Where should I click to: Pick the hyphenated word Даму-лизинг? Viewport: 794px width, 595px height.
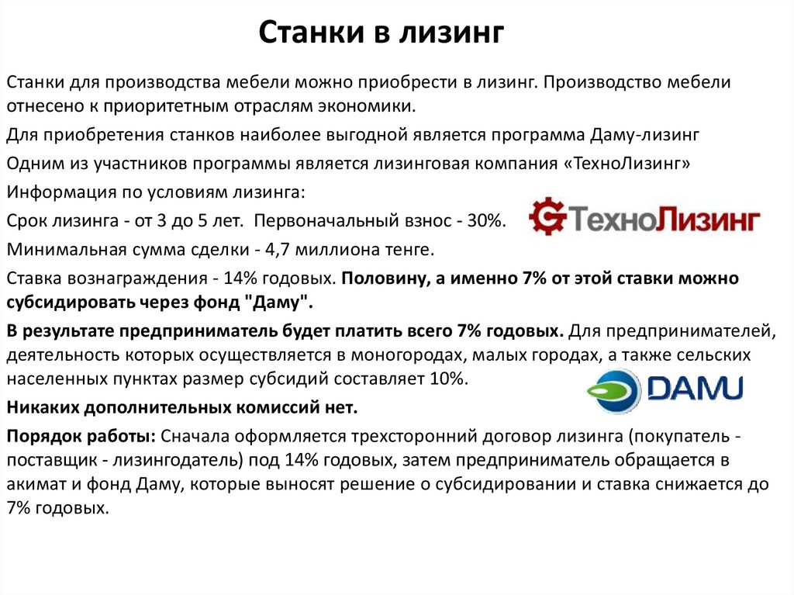click(644, 136)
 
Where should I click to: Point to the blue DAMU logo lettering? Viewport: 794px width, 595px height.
click(695, 389)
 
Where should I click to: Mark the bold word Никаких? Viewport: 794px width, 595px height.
click(42, 407)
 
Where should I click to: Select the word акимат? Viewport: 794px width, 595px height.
click(36, 484)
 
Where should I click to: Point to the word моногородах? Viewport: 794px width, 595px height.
click(406, 355)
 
